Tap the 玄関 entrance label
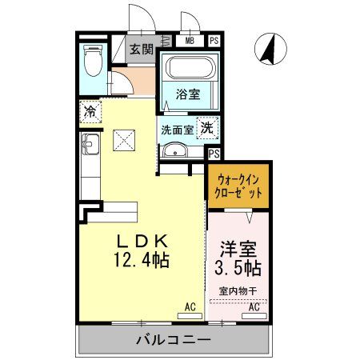point(143,50)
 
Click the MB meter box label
point(190,39)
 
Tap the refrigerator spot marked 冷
point(91,111)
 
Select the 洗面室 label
point(177,129)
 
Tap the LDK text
point(143,239)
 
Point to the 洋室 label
point(238,246)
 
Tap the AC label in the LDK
point(190,306)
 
